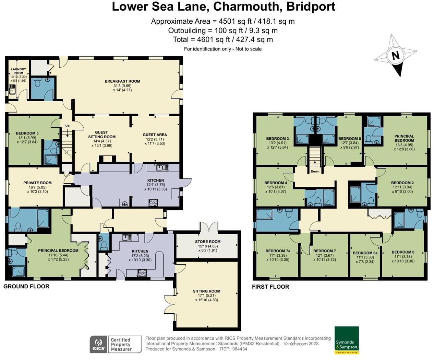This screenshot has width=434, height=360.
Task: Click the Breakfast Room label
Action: [x=122, y=81]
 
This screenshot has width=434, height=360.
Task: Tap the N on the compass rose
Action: [x=396, y=56]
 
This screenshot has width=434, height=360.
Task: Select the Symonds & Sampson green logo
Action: [x=347, y=340]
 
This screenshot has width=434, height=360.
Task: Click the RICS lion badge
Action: [x=98, y=344]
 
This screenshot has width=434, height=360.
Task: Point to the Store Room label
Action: [x=208, y=242]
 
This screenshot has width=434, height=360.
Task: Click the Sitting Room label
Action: [x=206, y=291]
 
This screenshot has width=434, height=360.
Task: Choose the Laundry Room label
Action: [x=18, y=71]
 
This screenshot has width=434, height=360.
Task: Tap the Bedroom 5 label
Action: [x=27, y=133]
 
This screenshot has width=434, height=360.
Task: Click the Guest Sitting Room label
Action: [x=102, y=135]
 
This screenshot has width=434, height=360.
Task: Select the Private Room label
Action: [x=37, y=183]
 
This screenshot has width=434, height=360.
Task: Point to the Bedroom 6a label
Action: [x=365, y=253]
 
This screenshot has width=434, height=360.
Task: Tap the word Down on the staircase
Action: [x=315, y=171]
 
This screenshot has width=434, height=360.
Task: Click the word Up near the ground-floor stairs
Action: [x=68, y=126]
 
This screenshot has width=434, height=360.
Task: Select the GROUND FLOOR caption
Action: [x=26, y=286]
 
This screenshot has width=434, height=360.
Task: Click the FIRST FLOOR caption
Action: [x=270, y=287]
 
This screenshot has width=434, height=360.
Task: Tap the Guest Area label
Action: [x=155, y=135]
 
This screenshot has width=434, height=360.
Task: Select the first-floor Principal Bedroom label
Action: [x=404, y=138]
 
